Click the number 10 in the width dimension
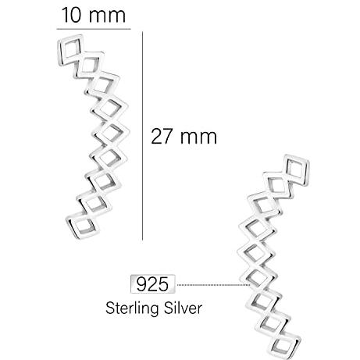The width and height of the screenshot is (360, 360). [x=71, y=15]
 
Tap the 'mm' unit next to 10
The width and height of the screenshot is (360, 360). [x=107, y=16]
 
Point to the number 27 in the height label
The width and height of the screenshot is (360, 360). [x=162, y=137]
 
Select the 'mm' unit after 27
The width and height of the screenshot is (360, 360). [x=198, y=138]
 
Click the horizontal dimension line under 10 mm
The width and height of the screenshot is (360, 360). [x=94, y=29]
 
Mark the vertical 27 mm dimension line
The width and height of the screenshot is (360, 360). [x=142, y=136]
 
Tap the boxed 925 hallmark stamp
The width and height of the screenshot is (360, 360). [x=153, y=284]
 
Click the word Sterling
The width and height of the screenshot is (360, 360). [x=132, y=308]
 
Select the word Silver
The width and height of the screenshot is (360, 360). [x=183, y=308]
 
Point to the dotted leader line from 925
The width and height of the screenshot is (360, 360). [x=213, y=285]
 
